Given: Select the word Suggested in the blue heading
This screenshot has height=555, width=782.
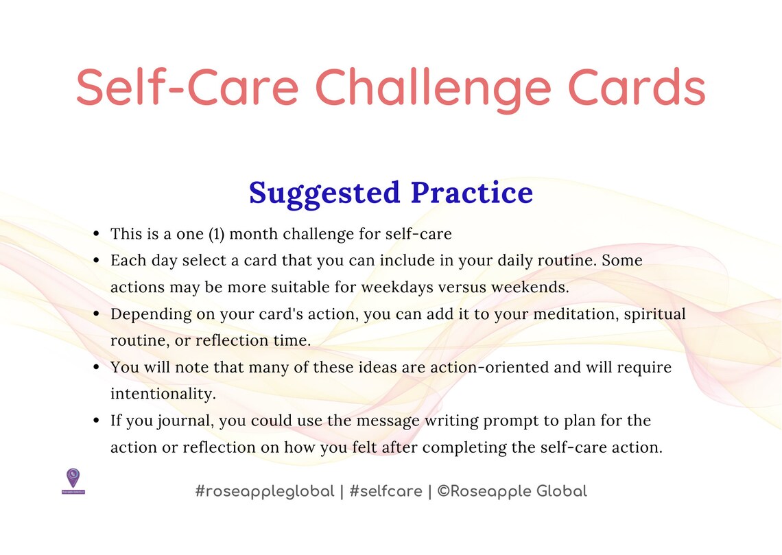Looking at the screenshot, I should [324, 193].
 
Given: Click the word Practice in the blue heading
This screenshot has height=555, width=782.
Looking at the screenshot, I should [472, 193].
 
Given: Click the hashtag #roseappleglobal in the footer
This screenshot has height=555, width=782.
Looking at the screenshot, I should [265, 491].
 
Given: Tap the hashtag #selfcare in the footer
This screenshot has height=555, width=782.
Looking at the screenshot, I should [385, 491].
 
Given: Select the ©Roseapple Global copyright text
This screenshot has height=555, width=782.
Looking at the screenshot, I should [512, 491].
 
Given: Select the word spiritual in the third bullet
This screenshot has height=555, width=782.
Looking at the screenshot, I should [654, 314].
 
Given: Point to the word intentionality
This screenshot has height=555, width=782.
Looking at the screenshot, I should [163, 394].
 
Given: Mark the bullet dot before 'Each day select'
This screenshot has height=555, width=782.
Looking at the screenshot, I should [97, 261].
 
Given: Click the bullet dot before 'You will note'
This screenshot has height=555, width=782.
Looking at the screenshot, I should [97, 368].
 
